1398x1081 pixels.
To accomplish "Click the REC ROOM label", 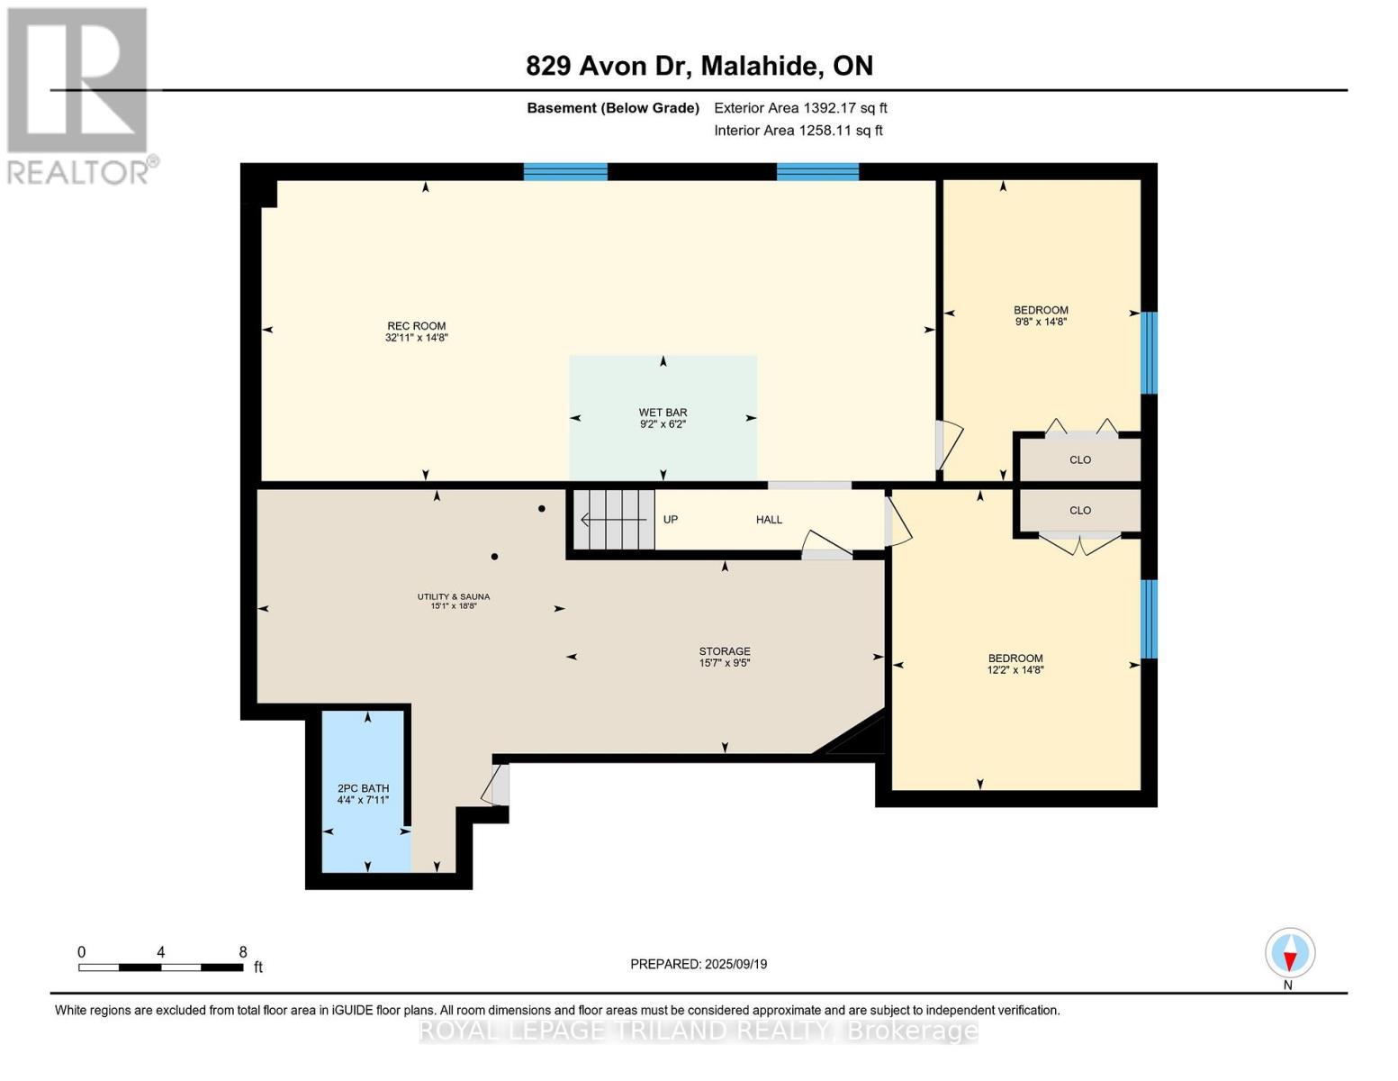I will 416,326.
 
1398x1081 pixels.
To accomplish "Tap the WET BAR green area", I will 663,396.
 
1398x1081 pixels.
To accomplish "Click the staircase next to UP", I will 615,520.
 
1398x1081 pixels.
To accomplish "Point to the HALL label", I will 769,520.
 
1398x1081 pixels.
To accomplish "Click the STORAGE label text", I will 725,651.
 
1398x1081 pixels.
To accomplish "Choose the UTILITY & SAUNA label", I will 453,596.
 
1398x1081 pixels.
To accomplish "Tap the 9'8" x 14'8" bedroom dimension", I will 1041,322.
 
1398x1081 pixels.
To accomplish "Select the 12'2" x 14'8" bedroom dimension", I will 1015,670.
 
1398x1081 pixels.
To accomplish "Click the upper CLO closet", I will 1079,459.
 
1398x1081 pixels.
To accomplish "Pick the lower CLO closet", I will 1079,511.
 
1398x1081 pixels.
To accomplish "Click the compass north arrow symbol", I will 1290,953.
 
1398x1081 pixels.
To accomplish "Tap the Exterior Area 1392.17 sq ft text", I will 800,108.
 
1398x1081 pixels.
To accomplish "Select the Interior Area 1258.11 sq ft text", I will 798,131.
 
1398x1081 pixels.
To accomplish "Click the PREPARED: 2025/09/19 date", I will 699,964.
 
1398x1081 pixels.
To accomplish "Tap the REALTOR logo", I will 79,95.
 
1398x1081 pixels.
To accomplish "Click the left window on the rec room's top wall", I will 565,172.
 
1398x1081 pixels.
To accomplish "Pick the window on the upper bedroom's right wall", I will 1149,352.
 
